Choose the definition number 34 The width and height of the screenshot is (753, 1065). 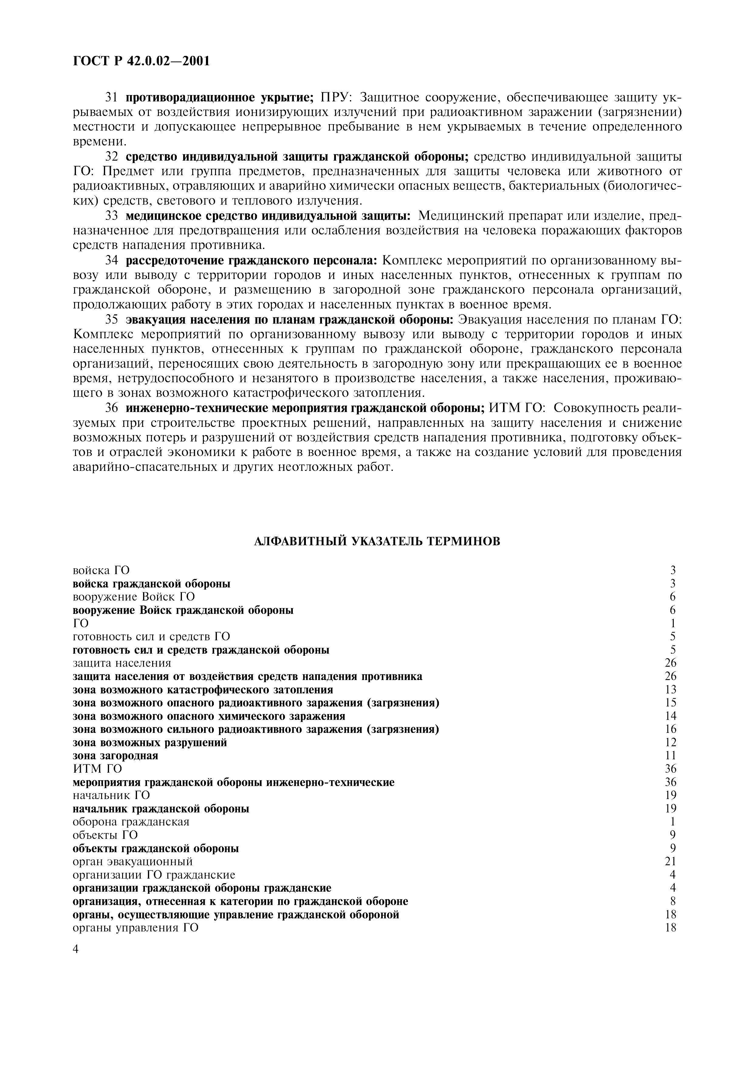pos(112,261)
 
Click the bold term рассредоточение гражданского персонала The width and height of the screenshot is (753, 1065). pos(252,261)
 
